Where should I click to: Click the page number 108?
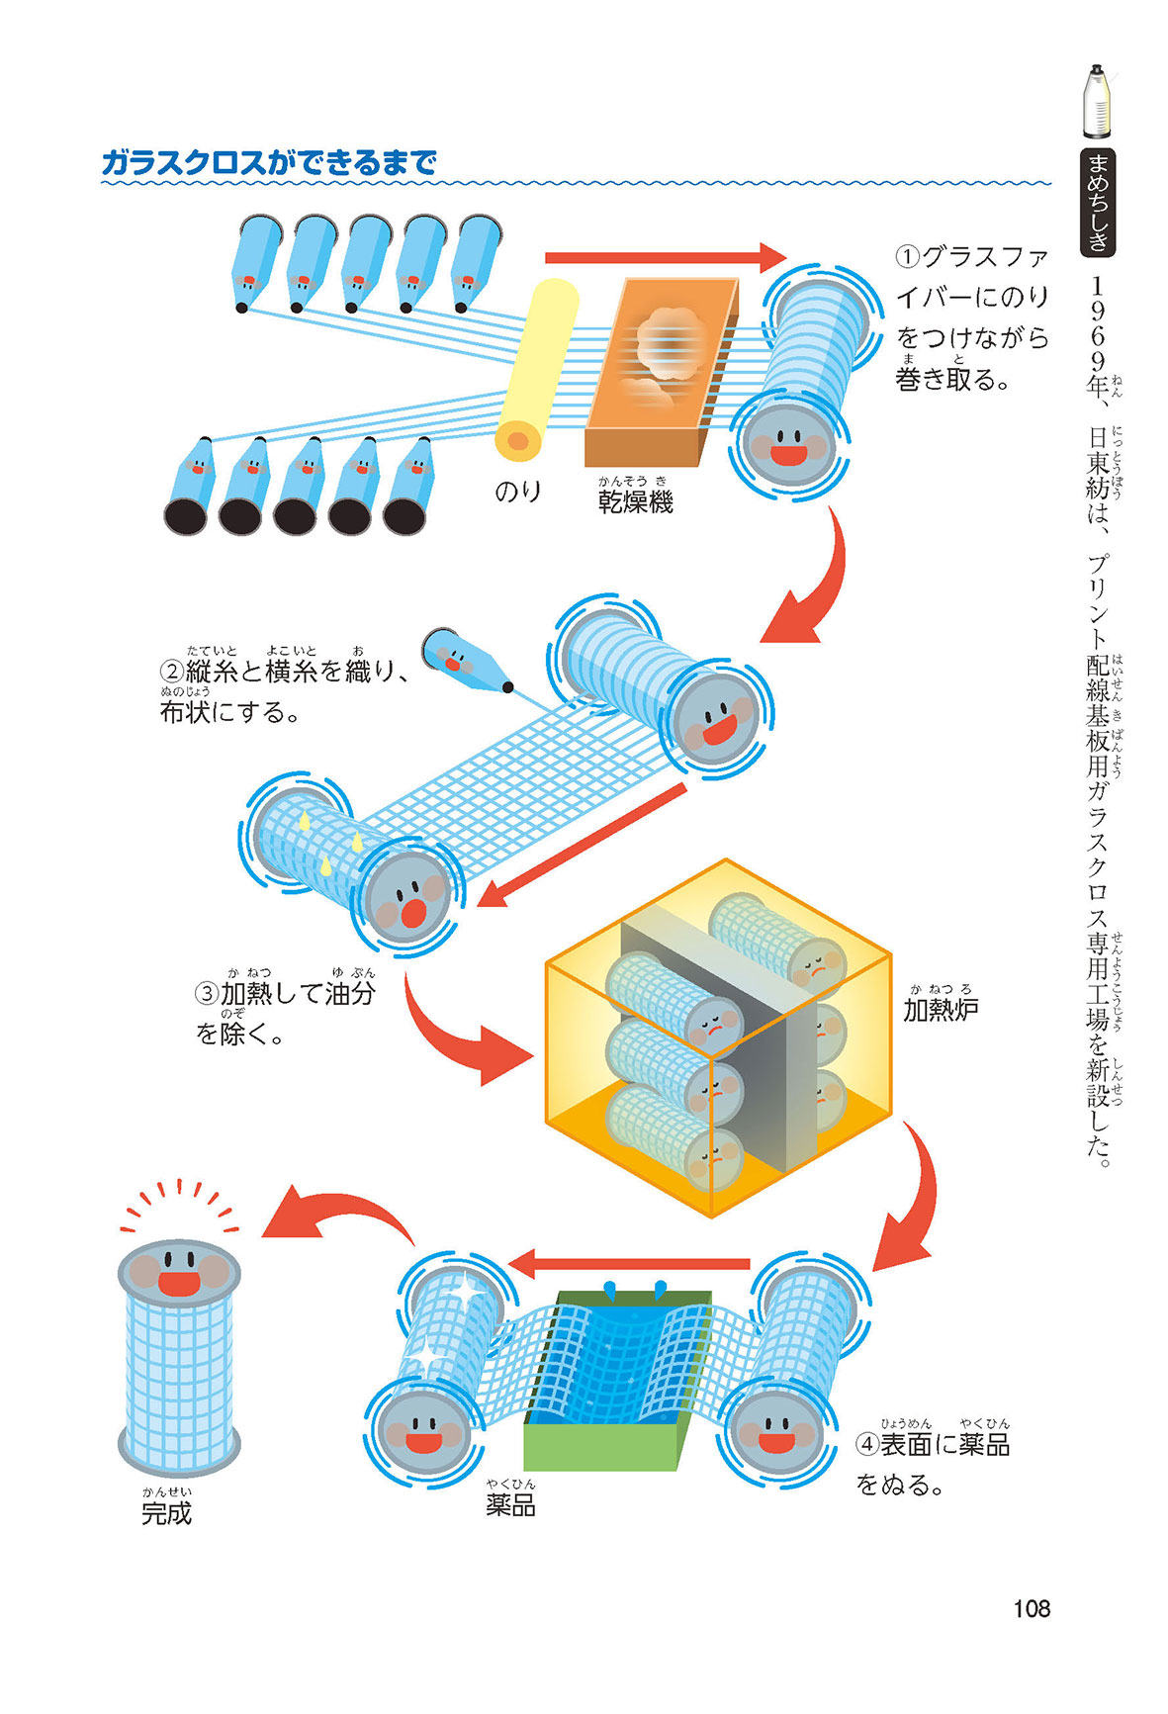tap(1031, 1608)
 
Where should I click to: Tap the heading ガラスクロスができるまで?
tap(269, 162)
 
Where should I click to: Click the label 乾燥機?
tap(635, 502)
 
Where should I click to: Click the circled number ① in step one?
tap(907, 257)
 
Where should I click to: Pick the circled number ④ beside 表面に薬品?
tap(867, 1445)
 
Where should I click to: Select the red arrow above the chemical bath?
tap(630, 1263)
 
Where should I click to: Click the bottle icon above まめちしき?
tap(1096, 101)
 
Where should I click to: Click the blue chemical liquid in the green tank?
tap(623, 1355)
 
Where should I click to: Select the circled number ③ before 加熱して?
tap(206, 993)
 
